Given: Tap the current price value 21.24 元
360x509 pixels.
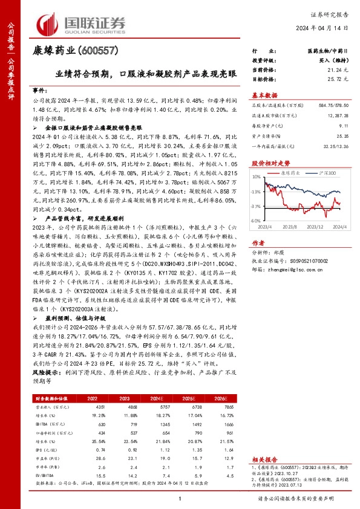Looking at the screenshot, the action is [338, 71].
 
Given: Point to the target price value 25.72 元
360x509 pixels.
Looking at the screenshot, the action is [338, 79].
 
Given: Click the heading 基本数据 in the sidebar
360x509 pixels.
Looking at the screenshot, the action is [264, 95].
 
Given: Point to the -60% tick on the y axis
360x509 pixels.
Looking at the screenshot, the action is [255, 238].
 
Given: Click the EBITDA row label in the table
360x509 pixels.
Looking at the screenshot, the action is [43, 424].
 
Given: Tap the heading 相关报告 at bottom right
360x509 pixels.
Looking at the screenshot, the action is [264, 460].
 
